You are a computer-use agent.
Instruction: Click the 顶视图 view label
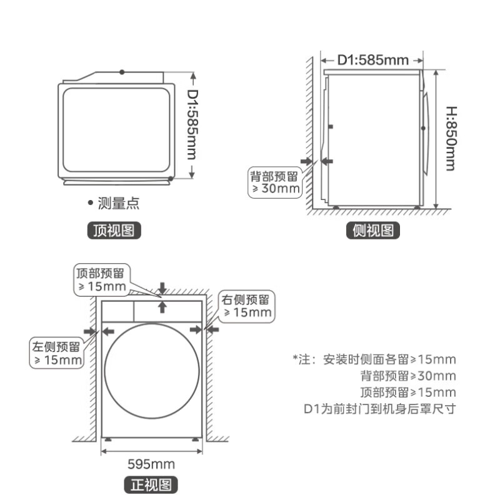pos(114,230)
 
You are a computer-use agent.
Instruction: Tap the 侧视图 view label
pos(372,230)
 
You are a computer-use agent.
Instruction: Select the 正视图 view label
pos(151,485)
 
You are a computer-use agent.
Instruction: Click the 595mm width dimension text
pos(151,464)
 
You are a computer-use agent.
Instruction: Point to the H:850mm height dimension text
pos(451,139)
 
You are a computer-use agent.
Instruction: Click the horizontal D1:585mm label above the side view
pos(372,60)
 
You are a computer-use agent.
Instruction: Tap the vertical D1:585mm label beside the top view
pos(192,124)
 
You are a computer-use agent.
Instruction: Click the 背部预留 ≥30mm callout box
pos(275,182)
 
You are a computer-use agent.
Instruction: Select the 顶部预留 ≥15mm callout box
pos(102,280)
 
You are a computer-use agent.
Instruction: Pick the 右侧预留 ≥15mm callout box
pos(246,306)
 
